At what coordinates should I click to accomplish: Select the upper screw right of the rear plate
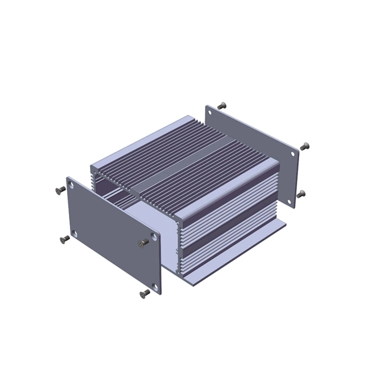[x=304, y=146]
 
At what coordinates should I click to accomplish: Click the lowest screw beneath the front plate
[x=145, y=292]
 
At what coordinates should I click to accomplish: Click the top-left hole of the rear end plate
[x=210, y=112]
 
